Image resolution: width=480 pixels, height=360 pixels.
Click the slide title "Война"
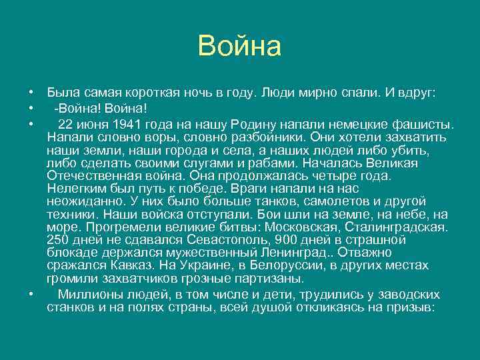[x=240, y=47]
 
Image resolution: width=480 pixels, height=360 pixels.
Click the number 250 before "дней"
[x=59, y=239]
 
